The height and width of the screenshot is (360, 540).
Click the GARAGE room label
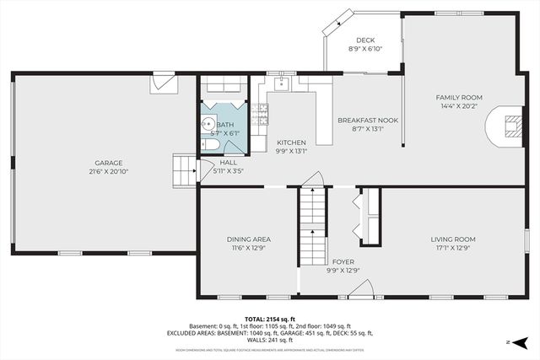tap(108, 163)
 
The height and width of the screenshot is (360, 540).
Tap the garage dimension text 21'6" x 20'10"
tap(108, 171)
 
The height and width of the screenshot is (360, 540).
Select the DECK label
tap(364, 40)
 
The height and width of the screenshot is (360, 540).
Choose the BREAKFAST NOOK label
tap(367, 121)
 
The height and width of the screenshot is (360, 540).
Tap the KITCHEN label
tap(291, 142)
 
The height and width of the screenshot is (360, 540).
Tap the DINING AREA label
tap(248, 239)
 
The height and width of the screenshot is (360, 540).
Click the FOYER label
tap(343, 261)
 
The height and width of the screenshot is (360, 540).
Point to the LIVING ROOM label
tap(453, 239)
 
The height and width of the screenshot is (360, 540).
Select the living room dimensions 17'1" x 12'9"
tap(453, 248)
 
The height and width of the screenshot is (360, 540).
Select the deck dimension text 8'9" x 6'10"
tap(364, 49)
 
